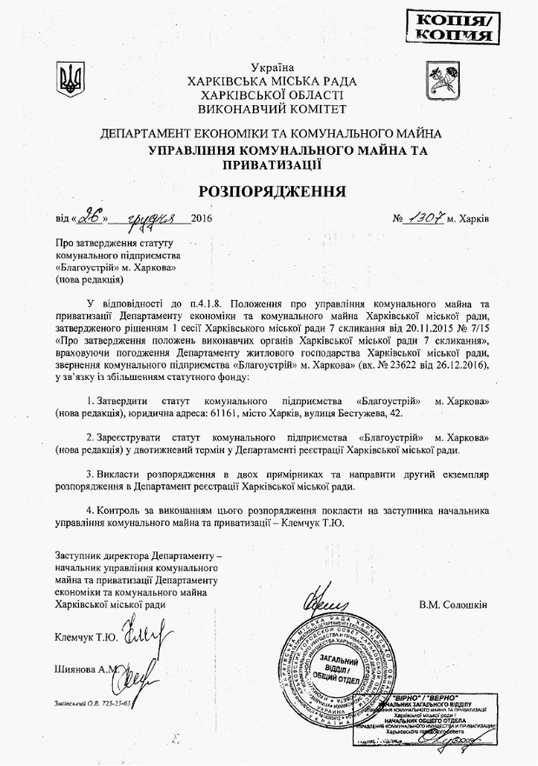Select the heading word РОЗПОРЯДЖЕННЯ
pyautogui.click(x=271, y=190)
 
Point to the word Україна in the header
pyautogui.click(x=272, y=67)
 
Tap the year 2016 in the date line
pyautogui.click(x=199, y=218)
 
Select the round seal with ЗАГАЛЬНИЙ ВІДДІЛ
pyautogui.click(x=343, y=674)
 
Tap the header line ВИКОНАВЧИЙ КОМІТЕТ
pyautogui.click(x=272, y=110)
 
